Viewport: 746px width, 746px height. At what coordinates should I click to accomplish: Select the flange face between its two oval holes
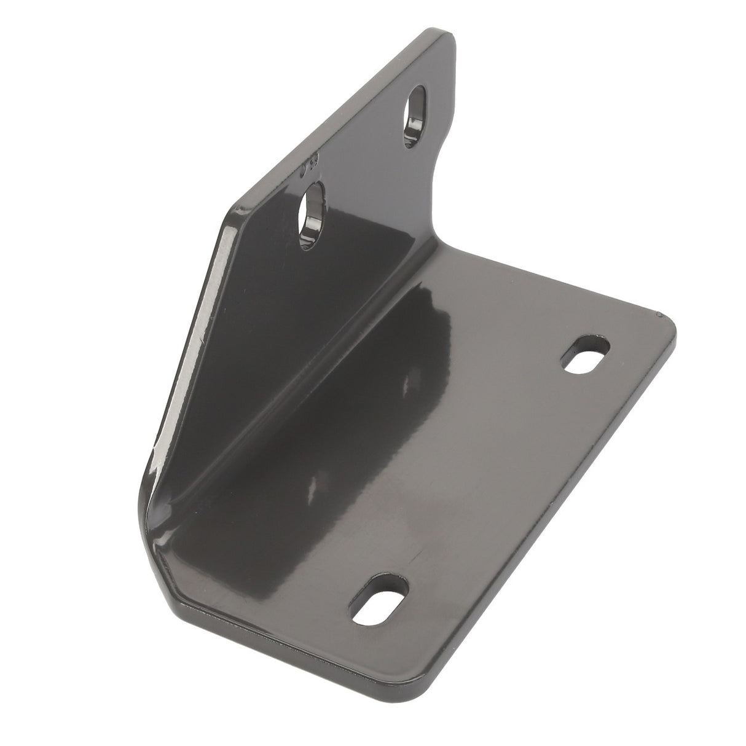(x=363, y=166)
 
